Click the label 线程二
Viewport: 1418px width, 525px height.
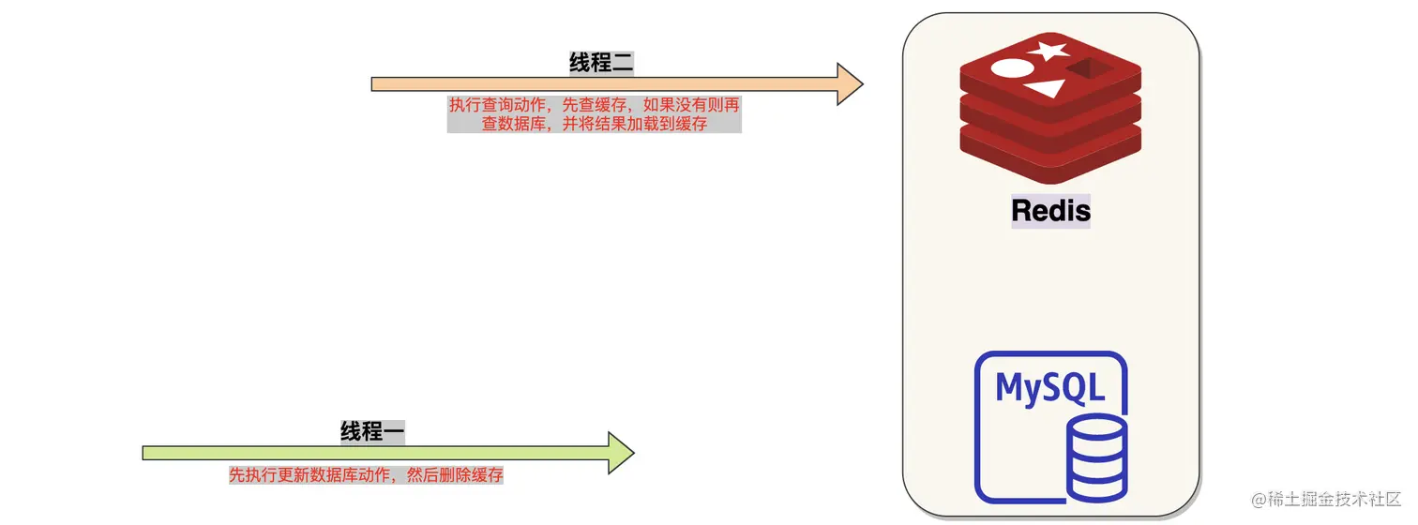(x=604, y=63)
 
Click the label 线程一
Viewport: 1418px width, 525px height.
(x=372, y=431)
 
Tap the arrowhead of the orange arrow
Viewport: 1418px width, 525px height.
(x=848, y=84)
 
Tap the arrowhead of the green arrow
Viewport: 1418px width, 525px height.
(x=620, y=453)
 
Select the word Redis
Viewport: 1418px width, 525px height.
(x=1050, y=210)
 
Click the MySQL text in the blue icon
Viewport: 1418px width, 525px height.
(x=1049, y=386)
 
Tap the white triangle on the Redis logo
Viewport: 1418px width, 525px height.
(x=1046, y=89)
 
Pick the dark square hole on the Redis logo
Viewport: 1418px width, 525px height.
(x=1088, y=68)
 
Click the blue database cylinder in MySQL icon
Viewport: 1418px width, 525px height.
(x=1098, y=460)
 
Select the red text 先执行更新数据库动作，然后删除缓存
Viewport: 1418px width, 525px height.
(x=366, y=475)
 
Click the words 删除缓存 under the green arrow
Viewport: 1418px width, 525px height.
(x=473, y=475)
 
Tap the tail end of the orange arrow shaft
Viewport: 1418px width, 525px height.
(x=376, y=84)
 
